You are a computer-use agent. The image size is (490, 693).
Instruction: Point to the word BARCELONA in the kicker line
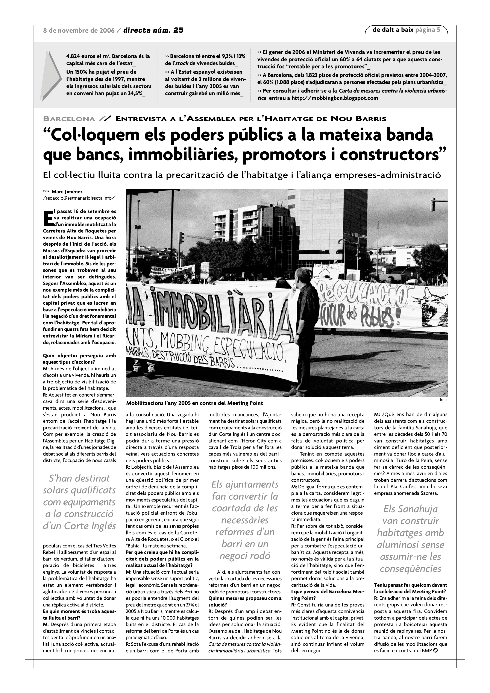(x=69, y=119)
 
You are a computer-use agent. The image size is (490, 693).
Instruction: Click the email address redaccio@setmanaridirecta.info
(x=79, y=198)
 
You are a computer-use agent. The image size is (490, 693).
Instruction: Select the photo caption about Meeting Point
(x=195, y=403)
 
